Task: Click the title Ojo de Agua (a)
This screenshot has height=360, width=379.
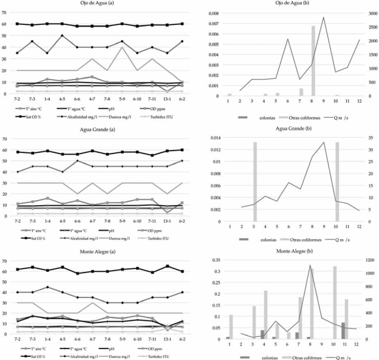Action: [98, 5]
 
